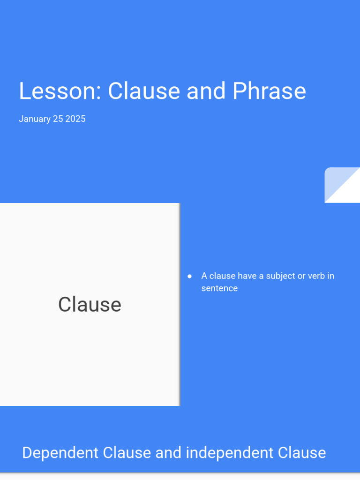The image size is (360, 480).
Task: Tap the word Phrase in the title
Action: tap(269, 91)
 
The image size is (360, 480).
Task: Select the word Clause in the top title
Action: tap(144, 91)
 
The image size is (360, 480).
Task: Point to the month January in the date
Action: tap(34, 119)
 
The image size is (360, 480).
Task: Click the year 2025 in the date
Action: tap(75, 119)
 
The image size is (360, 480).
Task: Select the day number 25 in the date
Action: tap(58, 119)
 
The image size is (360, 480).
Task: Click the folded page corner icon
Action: tap(342, 185)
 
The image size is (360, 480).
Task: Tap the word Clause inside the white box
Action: tap(90, 305)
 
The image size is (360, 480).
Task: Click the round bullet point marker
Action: tap(190, 276)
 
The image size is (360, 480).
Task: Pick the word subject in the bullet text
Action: tap(280, 276)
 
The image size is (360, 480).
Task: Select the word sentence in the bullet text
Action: tap(219, 288)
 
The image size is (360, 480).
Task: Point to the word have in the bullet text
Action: tap(247, 276)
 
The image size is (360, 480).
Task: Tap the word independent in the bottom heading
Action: tap(229, 453)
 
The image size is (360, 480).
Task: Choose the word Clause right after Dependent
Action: tap(127, 453)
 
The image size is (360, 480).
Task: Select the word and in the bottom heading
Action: tap(168, 453)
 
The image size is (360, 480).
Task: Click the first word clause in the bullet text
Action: tap(222, 276)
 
